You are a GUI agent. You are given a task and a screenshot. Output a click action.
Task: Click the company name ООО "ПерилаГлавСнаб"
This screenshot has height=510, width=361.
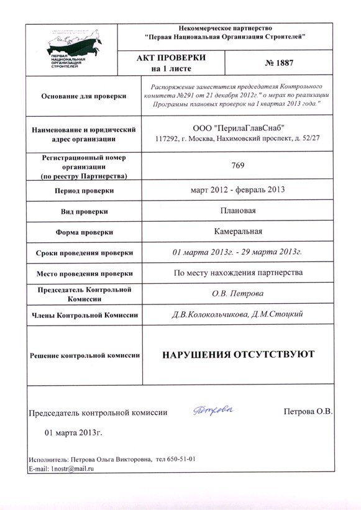click(x=239, y=128)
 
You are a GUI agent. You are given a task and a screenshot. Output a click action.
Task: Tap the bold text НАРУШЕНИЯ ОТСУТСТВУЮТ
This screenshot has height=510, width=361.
click(x=238, y=354)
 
